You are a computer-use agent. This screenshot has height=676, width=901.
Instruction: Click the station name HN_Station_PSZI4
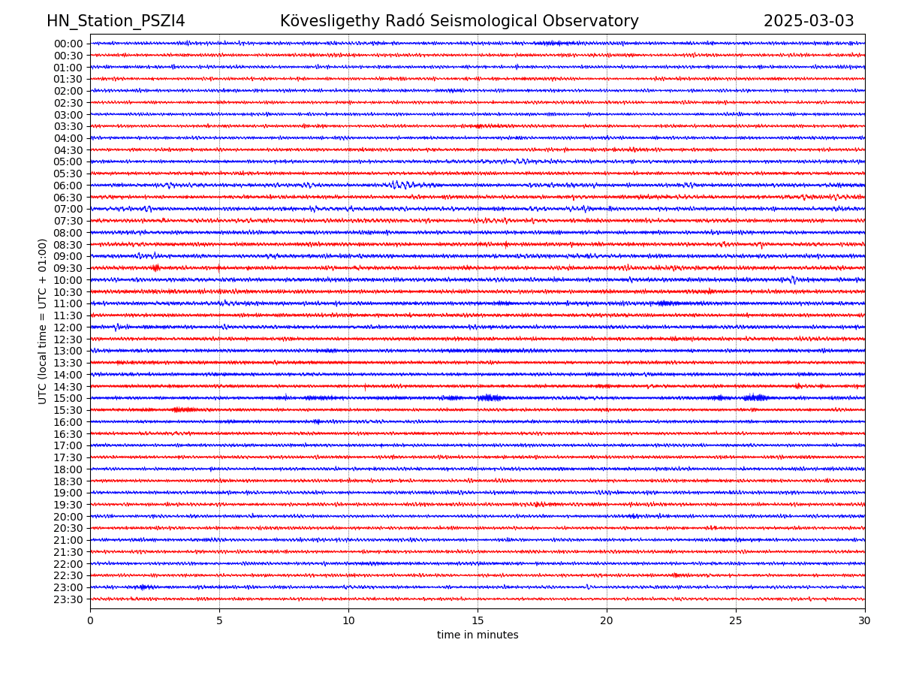[116, 21]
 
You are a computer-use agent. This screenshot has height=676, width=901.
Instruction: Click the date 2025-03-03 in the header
[809, 21]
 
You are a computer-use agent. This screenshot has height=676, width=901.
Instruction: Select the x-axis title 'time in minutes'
[478, 635]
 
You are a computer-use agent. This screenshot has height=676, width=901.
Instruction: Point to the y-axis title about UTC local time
[43, 321]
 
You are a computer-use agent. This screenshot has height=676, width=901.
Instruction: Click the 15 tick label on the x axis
[478, 621]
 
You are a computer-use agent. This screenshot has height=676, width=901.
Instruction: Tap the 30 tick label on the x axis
[864, 621]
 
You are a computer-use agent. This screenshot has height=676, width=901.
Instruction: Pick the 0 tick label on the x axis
[90, 621]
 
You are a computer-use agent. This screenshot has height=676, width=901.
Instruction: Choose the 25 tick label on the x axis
[736, 621]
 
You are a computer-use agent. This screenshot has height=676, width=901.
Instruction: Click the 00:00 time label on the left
[68, 44]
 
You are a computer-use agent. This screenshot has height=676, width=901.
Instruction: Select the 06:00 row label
[68, 186]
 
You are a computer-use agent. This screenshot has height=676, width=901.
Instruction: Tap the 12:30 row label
[68, 340]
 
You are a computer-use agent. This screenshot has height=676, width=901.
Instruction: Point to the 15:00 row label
[68, 398]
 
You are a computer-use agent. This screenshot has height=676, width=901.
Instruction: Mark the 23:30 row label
[68, 599]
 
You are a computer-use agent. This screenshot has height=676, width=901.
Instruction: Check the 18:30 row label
[68, 481]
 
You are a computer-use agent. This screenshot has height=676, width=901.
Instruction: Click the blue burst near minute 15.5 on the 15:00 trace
[490, 397]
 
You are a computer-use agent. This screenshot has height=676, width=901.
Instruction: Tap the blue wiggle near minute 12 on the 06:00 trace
[399, 184]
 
